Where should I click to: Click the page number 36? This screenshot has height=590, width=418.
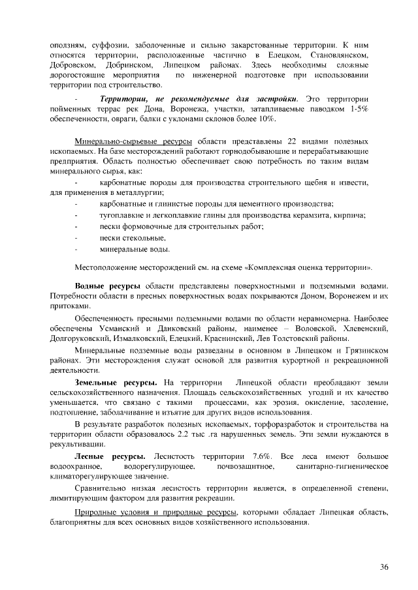coord(384,567)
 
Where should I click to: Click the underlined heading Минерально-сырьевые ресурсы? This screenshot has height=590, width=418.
coord(133,141)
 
